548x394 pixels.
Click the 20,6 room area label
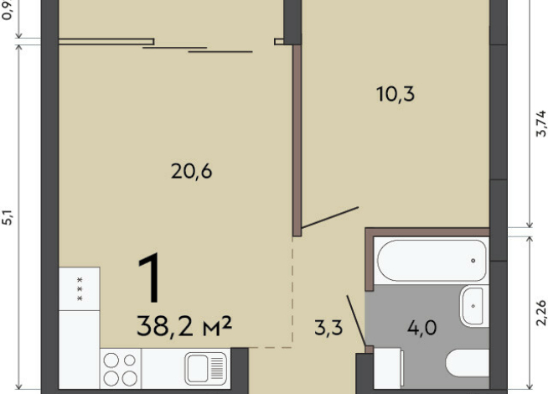[192, 172]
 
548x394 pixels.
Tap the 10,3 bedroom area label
[395, 94]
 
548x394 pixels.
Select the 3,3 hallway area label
[328, 328]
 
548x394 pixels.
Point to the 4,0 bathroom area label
[421, 328]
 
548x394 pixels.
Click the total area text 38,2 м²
[184, 326]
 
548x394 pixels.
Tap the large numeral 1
[150, 278]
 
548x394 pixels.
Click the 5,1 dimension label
[8, 217]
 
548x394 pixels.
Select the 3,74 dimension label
[540, 123]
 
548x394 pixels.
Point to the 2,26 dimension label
[540, 313]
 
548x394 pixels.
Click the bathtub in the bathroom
[432, 261]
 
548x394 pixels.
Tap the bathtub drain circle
[473, 261]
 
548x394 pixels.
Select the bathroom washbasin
[474, 306]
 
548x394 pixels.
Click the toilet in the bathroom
[468, 363]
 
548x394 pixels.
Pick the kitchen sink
[206, 368]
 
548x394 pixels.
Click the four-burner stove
[121, 369]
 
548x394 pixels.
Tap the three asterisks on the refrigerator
[80, 289]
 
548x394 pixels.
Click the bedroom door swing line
[330, 217]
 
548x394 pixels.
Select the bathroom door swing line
[356, 320]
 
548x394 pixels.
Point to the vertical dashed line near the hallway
[292, 293]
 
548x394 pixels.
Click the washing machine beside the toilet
[388, 368]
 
